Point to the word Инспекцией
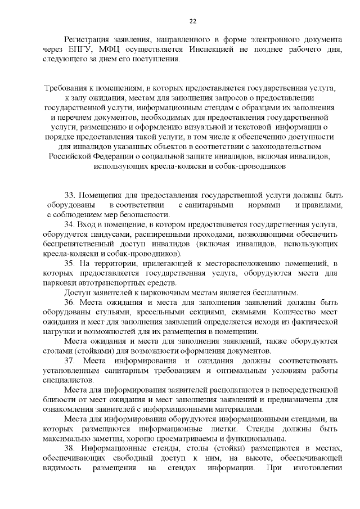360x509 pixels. point(199,50)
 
